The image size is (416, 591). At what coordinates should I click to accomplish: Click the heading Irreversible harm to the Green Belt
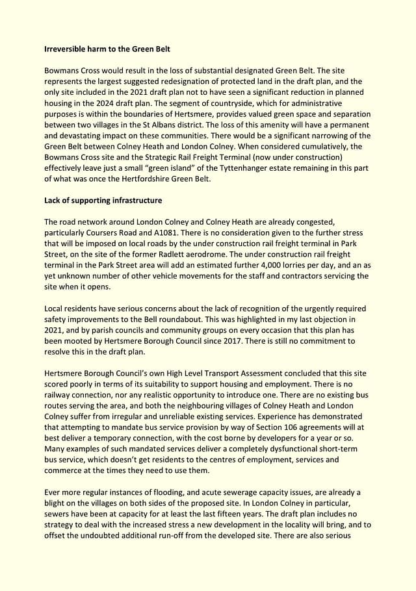[107, 49]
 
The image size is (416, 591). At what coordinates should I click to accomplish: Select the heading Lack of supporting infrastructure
[103, 200]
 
